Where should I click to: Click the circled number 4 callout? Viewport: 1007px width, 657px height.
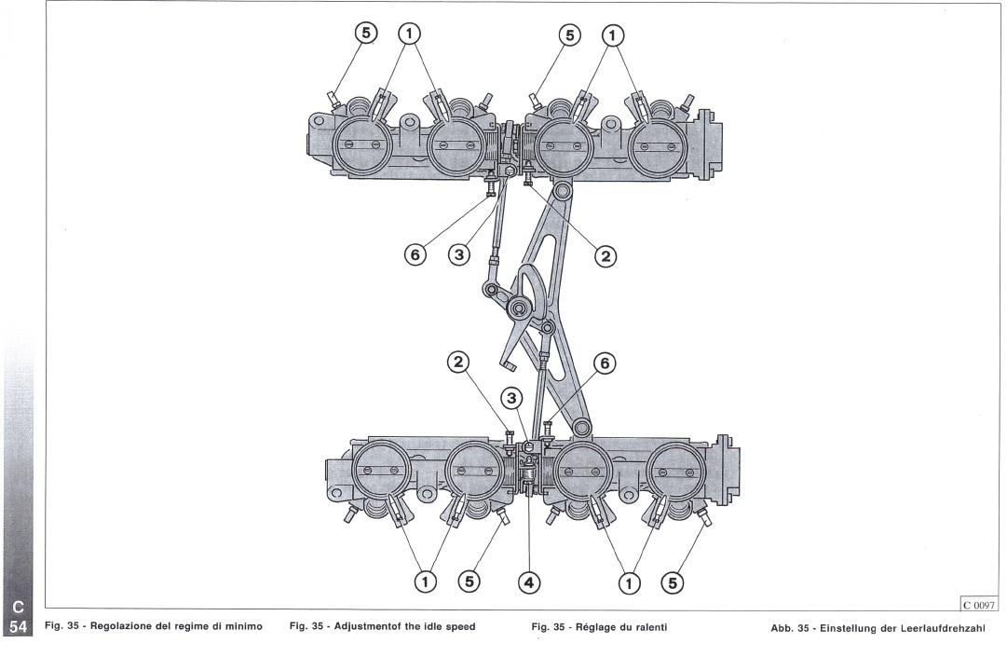click(528, 582)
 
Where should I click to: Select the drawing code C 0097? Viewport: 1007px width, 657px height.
click(979, 604)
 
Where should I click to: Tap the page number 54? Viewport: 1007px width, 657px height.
click(18, 627)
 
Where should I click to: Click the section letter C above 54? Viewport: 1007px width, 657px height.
click(18, 607)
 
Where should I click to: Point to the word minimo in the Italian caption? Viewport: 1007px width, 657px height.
click(241, 626)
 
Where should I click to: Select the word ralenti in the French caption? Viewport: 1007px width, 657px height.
click(649, 627)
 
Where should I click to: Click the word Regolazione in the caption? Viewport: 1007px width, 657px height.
click(123, 627)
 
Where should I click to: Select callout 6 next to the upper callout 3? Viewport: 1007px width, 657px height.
click(415, 255)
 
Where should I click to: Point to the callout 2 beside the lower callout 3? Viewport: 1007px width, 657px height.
click(458, 363)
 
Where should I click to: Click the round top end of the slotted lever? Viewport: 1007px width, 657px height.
click(563, 191)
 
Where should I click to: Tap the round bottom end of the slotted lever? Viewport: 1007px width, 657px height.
click(582, 428)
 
